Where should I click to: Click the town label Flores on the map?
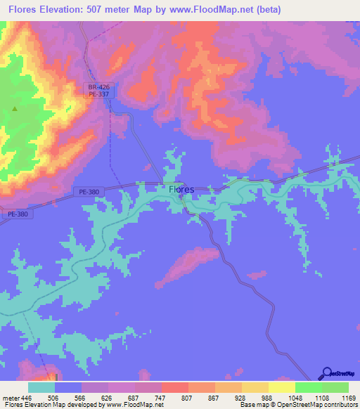coord(181,189)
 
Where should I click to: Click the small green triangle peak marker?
coord(15,109)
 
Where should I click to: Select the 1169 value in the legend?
coord(340,396)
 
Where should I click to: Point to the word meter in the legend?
coord(8,396)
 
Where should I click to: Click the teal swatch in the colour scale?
coord(41,387)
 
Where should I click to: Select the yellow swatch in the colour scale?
coord(281,387)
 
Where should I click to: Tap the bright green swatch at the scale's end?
coord(335,387)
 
